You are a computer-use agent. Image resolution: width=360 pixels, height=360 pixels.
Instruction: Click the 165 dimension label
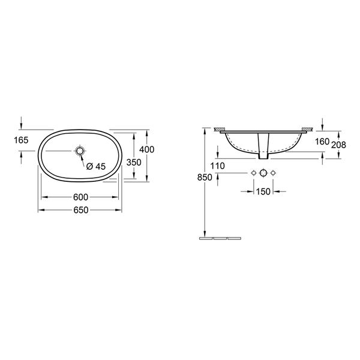click(21, 140)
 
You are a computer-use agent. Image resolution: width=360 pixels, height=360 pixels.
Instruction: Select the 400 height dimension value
click(147, 149)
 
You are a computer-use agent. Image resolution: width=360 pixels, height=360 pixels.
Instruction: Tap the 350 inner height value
click(134, 163)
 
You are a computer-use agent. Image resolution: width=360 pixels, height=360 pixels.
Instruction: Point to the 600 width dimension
click(80, 197)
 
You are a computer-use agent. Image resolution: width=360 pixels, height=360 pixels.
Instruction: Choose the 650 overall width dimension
click(81, 210)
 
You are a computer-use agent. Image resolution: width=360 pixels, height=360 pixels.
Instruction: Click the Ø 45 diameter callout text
click(96, 166)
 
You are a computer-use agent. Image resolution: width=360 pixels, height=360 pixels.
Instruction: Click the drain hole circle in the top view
click(80, 151)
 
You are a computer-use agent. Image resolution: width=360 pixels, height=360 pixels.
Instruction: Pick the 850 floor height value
click(205, 177)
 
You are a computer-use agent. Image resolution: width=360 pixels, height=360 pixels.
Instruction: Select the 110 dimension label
click(217, 166)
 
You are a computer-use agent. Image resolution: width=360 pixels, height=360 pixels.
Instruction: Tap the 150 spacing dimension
click(263, 191)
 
